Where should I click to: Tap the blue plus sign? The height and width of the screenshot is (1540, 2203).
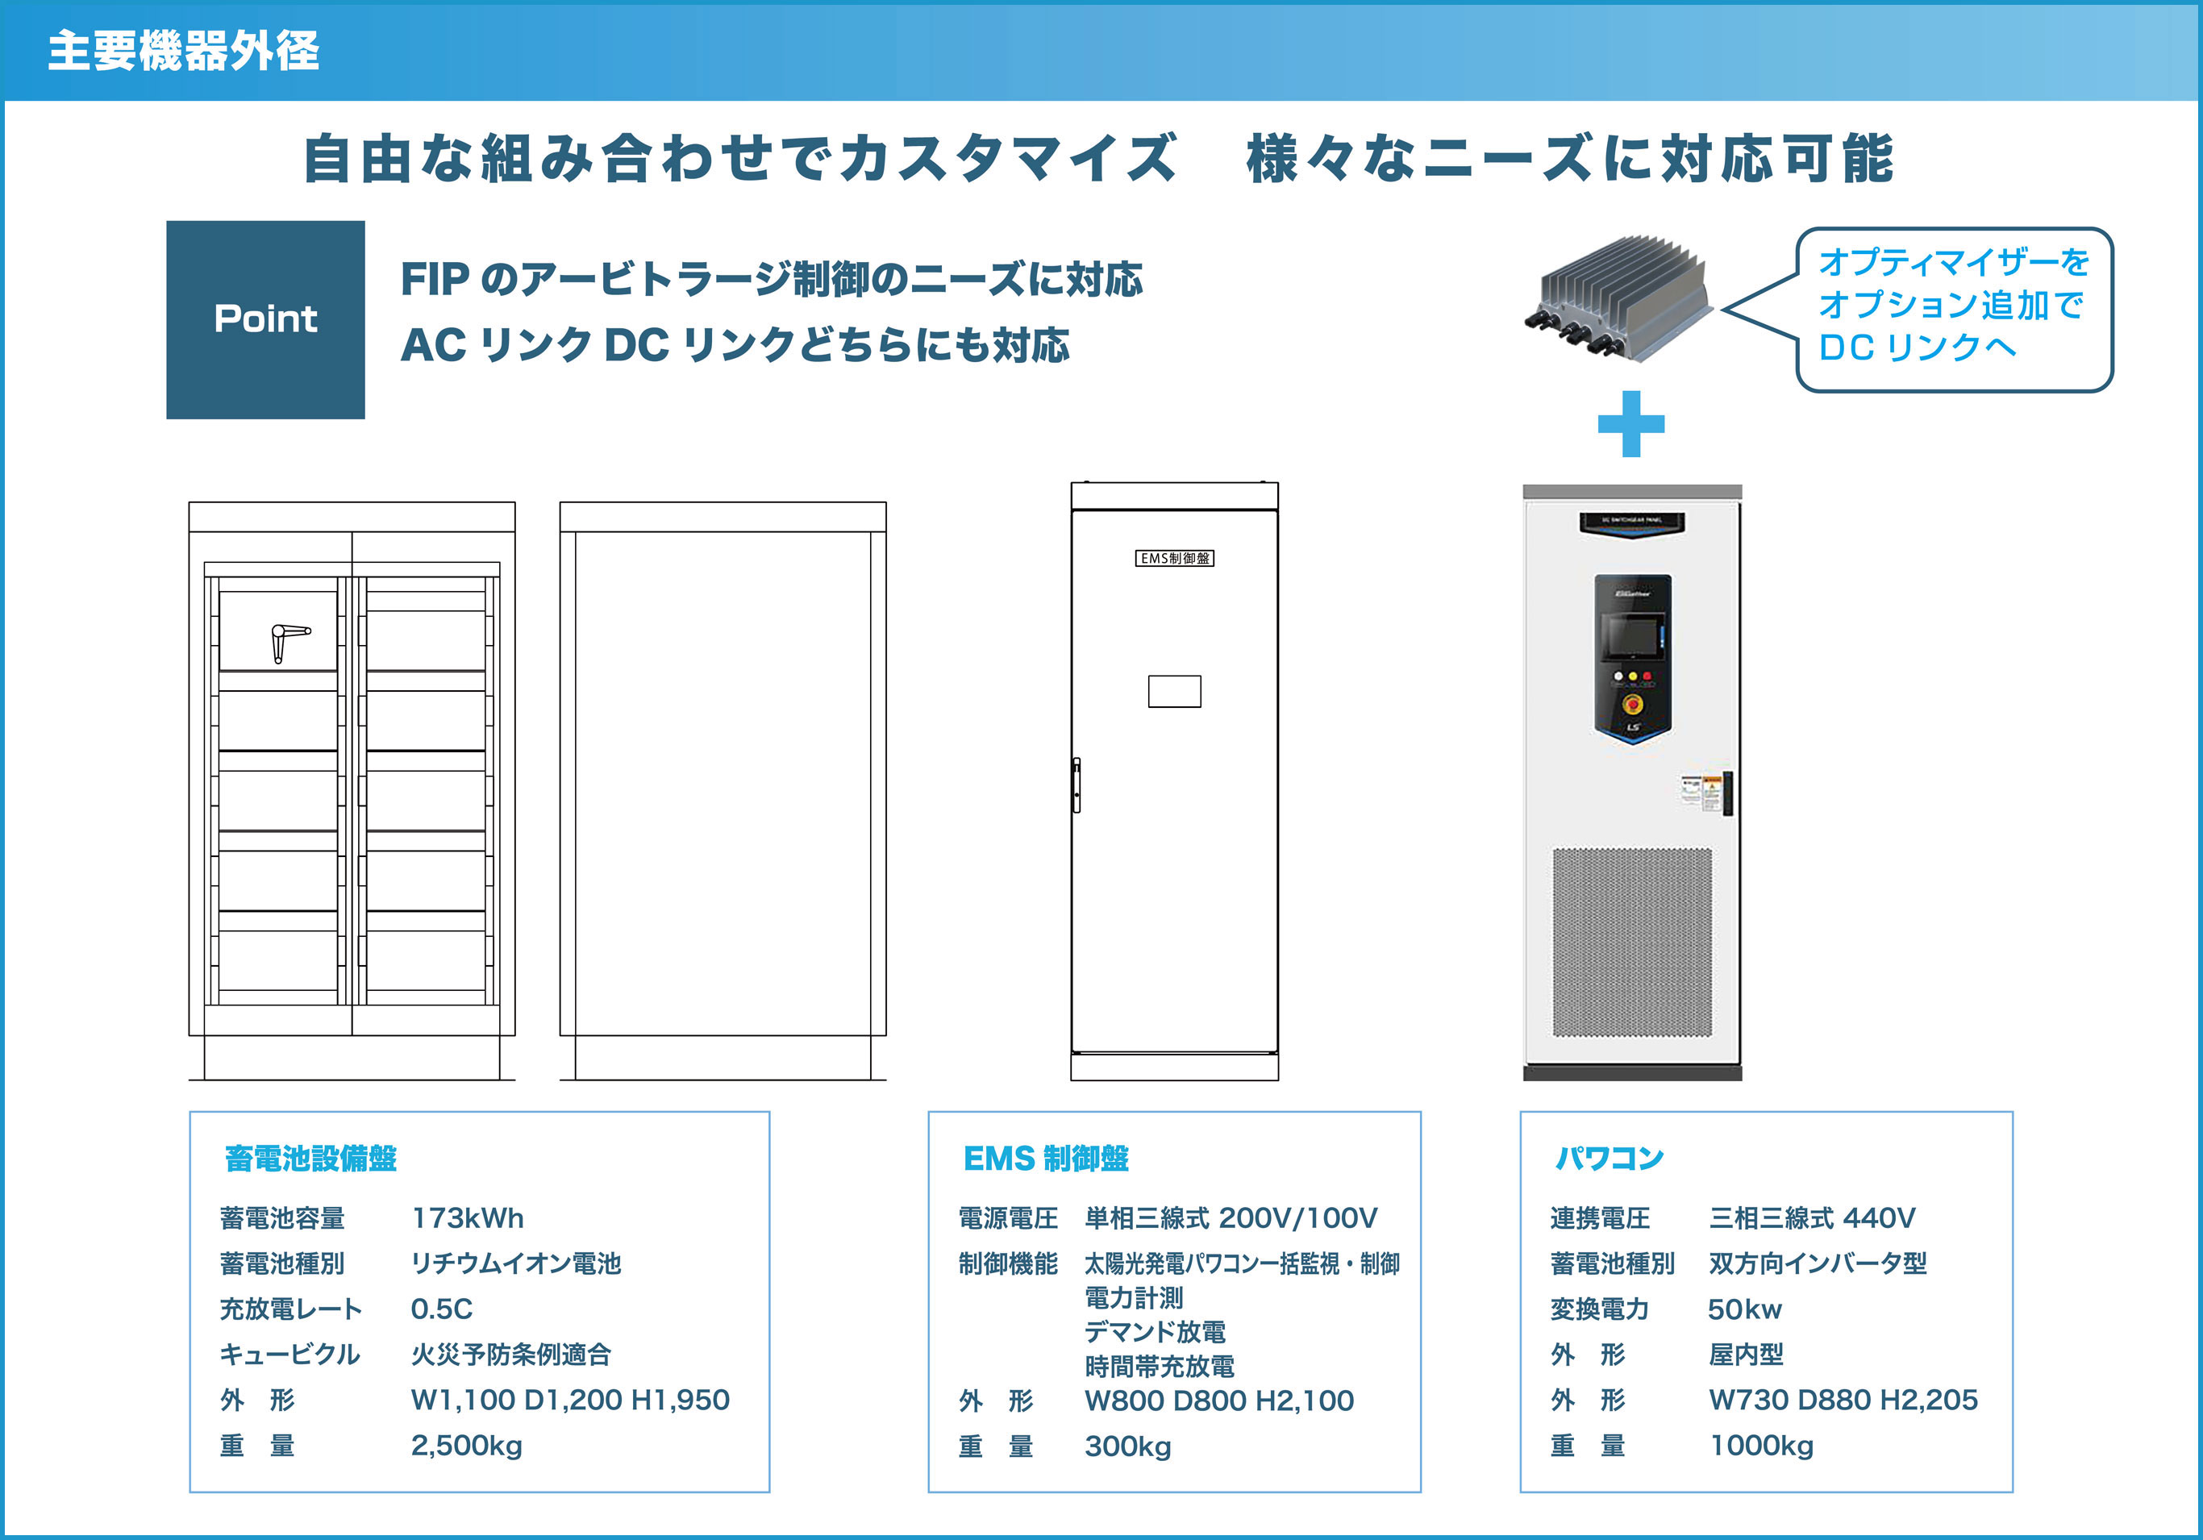point(1630,423)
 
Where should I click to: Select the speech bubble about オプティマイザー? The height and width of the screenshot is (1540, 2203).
point(1954,308)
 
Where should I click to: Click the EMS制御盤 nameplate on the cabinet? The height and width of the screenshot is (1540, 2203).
point(1174,559)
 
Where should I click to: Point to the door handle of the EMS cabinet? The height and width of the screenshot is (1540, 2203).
point(1077,785)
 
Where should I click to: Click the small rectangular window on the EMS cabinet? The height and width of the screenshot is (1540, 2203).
point(1174,691)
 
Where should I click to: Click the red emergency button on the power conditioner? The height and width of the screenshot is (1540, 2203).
point(1632,703)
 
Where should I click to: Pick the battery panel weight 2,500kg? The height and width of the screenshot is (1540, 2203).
point(466,1445)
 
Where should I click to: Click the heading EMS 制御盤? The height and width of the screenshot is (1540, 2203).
point(1045,1158)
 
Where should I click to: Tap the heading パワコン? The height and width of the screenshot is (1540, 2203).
point(1609,1158)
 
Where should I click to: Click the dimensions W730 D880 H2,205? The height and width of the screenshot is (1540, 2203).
point(1843,1400)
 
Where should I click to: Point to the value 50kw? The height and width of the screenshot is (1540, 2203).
point(1744,1309)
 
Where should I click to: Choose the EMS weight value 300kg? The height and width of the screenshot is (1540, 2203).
point(1127,1446)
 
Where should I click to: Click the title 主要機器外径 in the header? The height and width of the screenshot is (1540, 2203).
point(183,50)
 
